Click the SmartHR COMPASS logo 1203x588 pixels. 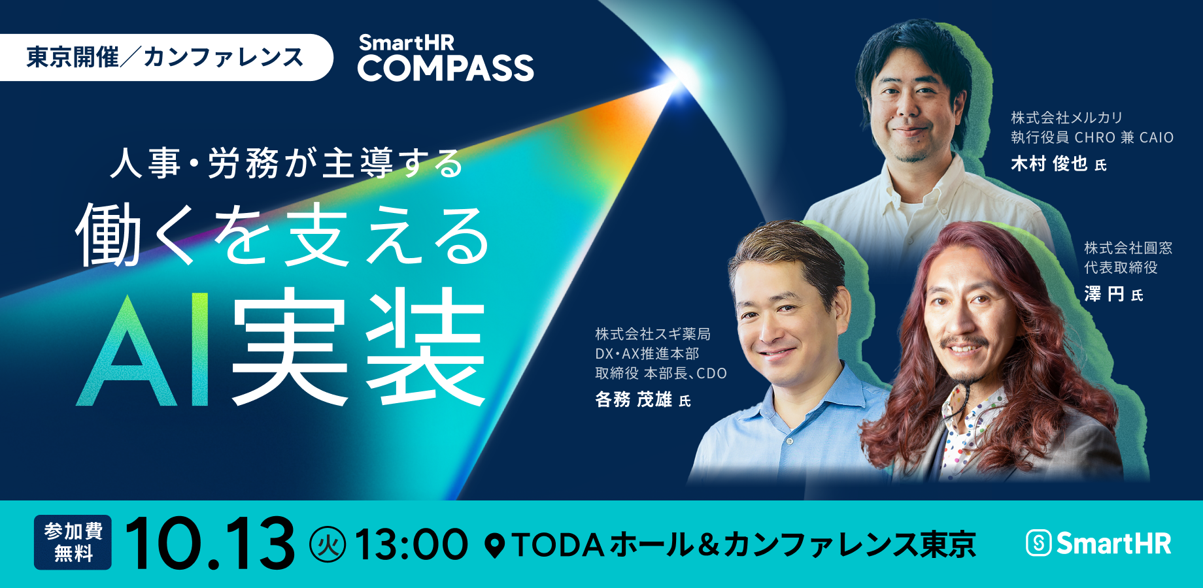(445, 57)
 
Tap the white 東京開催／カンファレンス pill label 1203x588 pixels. (166, 57)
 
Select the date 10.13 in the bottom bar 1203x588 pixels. (210, 544)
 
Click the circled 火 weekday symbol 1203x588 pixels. (328, 545)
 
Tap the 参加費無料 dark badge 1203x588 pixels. (73, 542)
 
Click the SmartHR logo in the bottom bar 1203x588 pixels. (1098, 544)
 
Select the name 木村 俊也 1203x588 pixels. (1049, 163)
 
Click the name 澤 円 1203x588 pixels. (1104, 295)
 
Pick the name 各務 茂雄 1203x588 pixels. (634, 399)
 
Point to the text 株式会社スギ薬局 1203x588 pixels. (652, 334)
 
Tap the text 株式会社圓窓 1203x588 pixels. (1128, 248)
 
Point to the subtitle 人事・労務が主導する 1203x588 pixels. (286, 163)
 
